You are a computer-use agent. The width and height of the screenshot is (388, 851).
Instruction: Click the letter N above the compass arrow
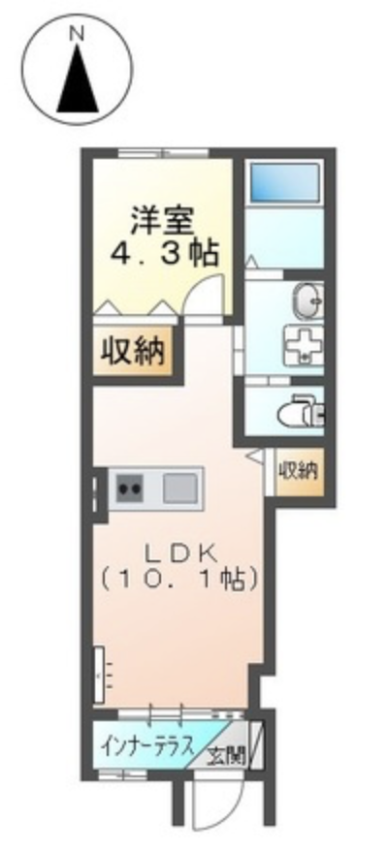click(78, 34)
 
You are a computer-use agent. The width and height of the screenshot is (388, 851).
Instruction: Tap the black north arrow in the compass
click(78, 78)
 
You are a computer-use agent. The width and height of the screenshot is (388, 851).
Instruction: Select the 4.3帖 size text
click(165, 251)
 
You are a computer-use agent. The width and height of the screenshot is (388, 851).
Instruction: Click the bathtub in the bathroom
click(284, 184)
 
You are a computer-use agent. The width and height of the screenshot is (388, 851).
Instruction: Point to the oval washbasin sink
click(308, 299)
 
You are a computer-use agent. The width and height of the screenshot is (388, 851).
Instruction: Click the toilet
click(301, 414)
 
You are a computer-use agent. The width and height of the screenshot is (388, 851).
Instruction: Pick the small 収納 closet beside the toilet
click(300, 472)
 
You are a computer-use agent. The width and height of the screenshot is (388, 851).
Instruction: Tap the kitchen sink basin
click(179, 488)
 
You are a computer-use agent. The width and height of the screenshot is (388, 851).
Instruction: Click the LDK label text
click(180, 554)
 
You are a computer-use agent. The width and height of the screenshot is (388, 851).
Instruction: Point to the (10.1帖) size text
click(178, 581)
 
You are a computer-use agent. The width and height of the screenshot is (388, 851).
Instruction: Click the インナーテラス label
click(147, 747)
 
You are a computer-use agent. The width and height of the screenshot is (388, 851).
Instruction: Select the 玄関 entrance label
click(227, 755)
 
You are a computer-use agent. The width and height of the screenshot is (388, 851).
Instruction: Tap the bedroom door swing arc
click(205, 293)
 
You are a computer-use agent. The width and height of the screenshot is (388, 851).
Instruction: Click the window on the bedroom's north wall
click(164, 152)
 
